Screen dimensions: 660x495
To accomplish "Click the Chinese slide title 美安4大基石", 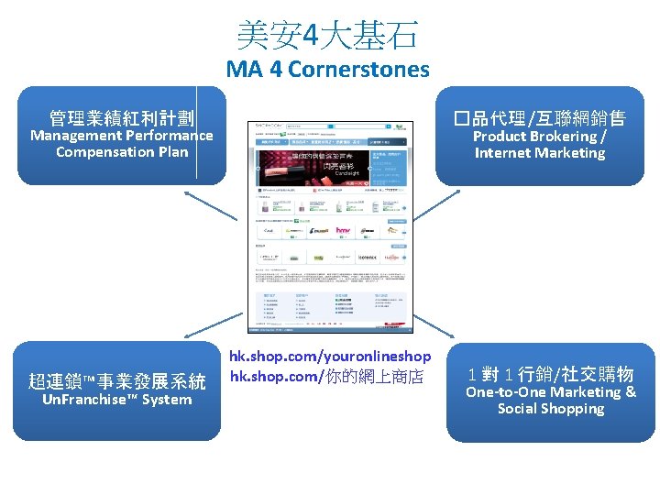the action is (x=327, y=36).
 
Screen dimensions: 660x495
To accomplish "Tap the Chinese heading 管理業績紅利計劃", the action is (x=122, y=117).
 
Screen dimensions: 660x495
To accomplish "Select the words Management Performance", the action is (x=122, y=136).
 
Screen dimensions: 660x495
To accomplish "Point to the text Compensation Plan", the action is (x=122, y=152).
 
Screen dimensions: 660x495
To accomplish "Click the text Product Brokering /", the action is (x=540, y=137).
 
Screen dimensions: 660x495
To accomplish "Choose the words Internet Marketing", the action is (x=540, y=153).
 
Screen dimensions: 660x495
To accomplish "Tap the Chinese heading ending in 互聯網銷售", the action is (x=540, y=118).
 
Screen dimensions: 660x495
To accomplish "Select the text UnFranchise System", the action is (x=117, y=400).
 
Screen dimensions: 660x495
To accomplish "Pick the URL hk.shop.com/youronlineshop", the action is (x=330, y=356).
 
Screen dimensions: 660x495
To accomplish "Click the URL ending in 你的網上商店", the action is (x=326, y=376).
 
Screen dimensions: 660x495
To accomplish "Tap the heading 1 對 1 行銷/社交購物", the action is (x=550, y=374).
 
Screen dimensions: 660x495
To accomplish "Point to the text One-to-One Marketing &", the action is (x=550, y=392).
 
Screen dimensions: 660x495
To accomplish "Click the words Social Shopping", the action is (x=550, y=409).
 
